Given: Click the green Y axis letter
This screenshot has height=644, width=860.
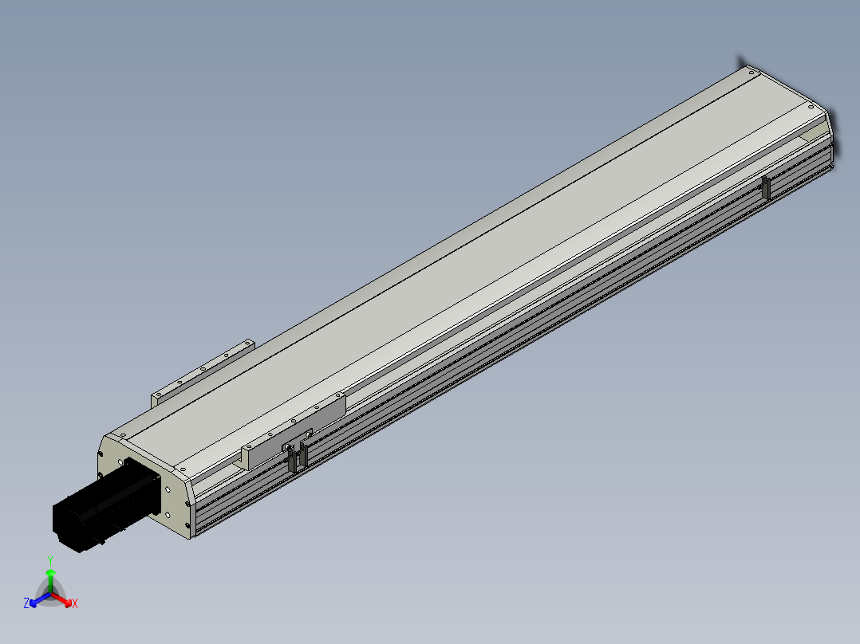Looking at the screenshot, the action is pos(50,560).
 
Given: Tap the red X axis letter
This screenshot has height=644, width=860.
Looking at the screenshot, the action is pos(75,603).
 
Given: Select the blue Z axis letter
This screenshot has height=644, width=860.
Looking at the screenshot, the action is pos(26,603).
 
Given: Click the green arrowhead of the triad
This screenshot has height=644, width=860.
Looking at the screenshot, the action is pos(50,573).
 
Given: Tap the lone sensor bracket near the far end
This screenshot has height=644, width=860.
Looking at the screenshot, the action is pos(766,188).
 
